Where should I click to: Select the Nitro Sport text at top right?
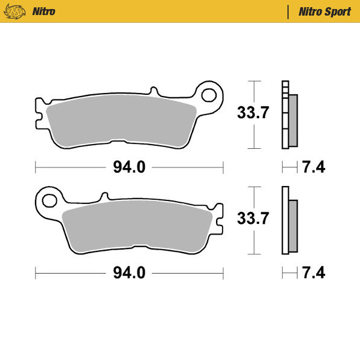[x=324, y=11]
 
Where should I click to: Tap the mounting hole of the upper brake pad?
[x=209, y=94]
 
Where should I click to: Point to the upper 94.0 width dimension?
[x=129, y=167]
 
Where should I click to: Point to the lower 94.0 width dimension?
[x=129, y=273]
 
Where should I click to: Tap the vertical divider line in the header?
[x=289, y=11]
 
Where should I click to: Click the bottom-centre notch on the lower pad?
[x=140, y=248]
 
